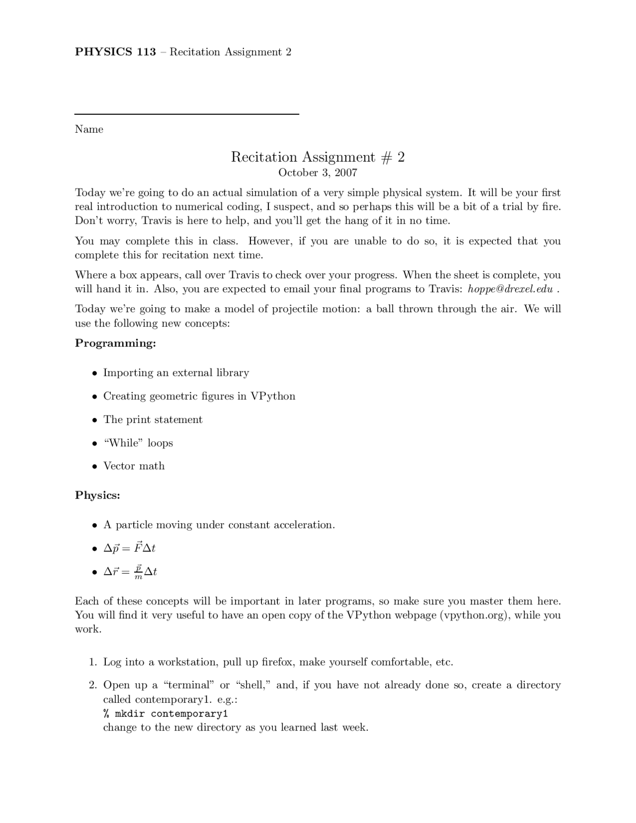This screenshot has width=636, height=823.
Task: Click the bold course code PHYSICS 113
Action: click(x=115, y=52)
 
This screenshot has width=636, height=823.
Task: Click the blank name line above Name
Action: click(x=186, y=114)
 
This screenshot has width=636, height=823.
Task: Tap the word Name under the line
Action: click(x=89, y=129)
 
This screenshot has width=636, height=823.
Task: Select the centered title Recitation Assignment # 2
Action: click(x=318, y=157)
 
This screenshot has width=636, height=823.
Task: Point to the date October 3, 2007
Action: click(x=318, y=172)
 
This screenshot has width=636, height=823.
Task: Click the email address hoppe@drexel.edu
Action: click(x=510, y=289)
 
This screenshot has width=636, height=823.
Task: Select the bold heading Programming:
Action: click(x=115, y=343)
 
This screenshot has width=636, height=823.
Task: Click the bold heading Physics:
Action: click(x=97, y=495)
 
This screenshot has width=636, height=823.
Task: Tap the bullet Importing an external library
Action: click(x=176, y=373)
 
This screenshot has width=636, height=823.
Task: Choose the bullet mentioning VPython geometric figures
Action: click(x=199, y=396)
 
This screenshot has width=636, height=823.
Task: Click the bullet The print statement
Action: click(x=153, y=419)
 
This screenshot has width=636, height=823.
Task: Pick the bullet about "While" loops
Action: click(x=138, y=443)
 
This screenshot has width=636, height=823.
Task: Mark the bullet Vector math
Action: click(x=134, y=466)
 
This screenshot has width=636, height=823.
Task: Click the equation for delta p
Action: click(x=129, y=548)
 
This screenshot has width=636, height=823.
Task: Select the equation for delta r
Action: click(x=130, y=572)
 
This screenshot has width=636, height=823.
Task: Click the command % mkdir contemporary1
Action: click(x=165, y=714)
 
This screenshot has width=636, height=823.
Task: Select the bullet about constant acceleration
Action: click(x=219, y=525)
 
